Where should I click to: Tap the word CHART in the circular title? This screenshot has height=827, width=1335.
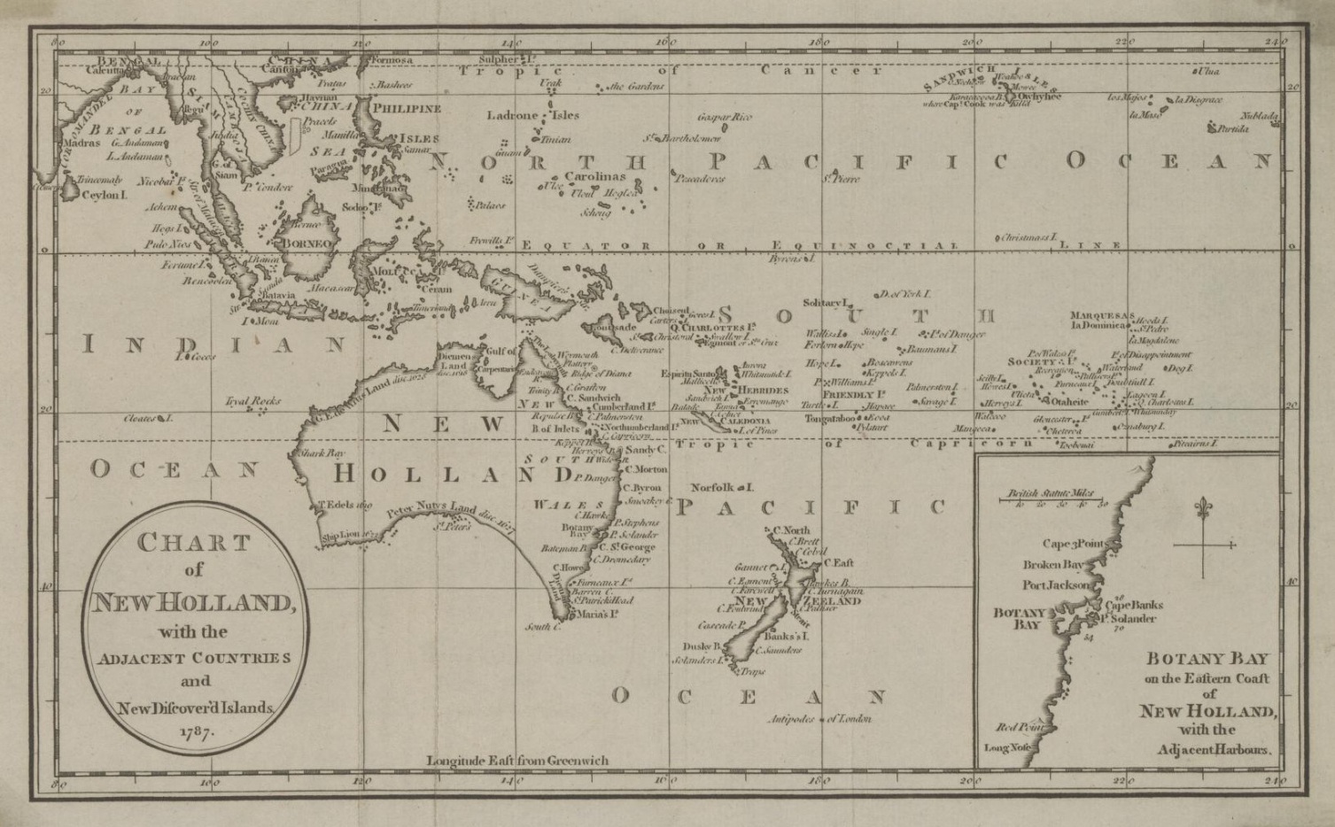192,543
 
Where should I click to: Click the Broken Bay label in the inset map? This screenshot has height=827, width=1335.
1052,565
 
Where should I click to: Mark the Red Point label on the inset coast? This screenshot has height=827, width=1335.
1017,728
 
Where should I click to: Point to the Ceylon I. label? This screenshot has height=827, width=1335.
105,195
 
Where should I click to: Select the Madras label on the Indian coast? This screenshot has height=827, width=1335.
81,143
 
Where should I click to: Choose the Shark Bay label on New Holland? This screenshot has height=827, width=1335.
322,452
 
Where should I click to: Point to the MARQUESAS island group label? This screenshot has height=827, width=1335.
1101,315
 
